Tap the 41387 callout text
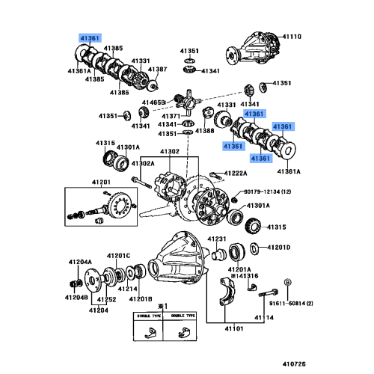157,69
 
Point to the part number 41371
171,116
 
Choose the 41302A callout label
143,163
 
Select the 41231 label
216,239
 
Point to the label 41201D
278,247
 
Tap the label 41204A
80,262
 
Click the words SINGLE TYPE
144,317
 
